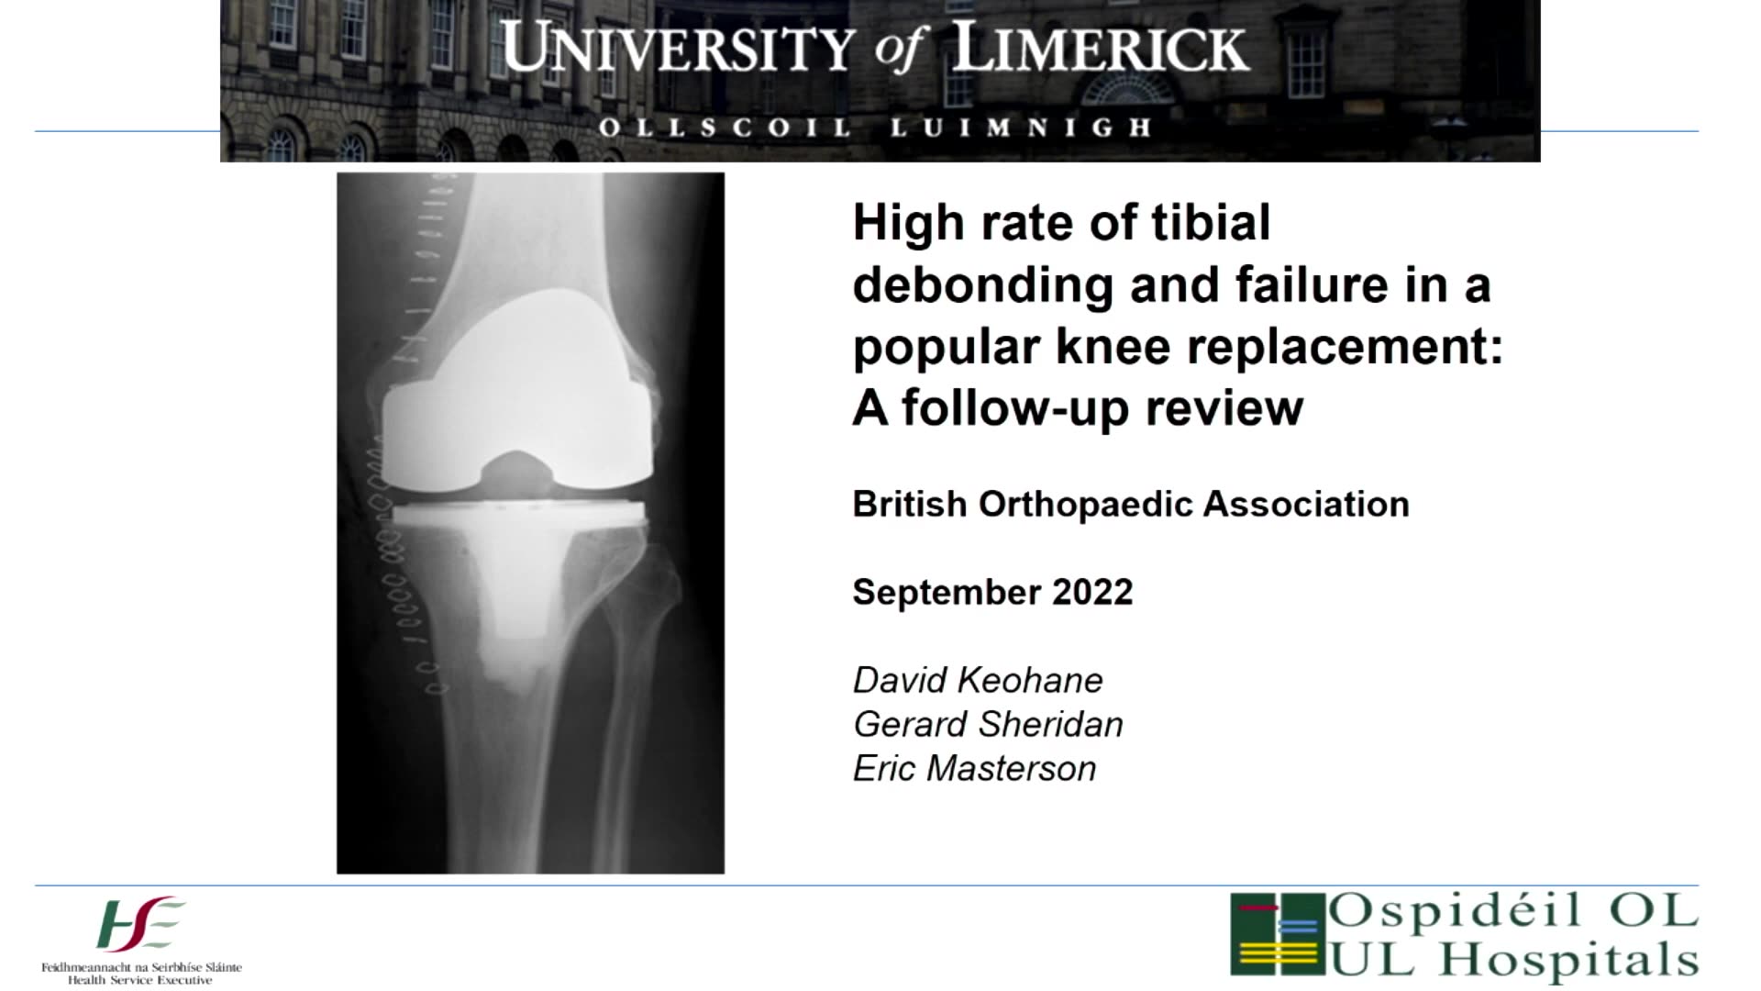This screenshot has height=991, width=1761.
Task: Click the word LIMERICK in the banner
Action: [x=1101, y=49]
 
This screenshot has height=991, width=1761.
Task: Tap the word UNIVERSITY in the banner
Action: [x=678, y=49]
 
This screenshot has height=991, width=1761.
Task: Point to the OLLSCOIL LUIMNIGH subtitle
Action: [x=876, y=128]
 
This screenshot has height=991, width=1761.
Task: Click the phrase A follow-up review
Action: [x=1078, y=409]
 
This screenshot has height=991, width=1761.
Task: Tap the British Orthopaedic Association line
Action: [x=1131, y=505]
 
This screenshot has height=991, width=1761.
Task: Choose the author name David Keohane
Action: [x=978, y=681]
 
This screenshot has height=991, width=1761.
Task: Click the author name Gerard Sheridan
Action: [x=988, y=725]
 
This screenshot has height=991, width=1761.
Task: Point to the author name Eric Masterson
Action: [x=974, y=769]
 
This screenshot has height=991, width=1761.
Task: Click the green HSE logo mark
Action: [x=140, y=925]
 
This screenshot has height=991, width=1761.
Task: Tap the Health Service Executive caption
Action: [x=140, y=981]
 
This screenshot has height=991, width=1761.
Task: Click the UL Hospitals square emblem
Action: [x=1278, y=933]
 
